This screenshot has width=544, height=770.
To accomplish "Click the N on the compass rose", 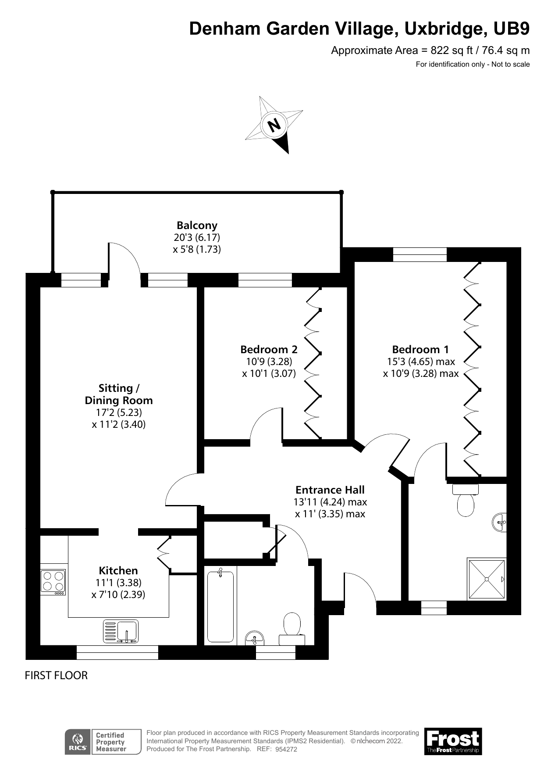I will pyautogui.click(x=274, y=126).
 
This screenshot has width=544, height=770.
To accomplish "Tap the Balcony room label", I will pyautogui.click(x=197, y=226).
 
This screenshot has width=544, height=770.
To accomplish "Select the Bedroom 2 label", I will pyautogui.click(x=269, y=350).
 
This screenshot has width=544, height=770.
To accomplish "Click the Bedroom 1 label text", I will pyautogui.click(x=420, y=350).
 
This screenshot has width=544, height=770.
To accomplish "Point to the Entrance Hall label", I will pyautogui.click(x=330, y=490).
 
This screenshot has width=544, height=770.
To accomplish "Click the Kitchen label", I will pyautogui.click(x=118, y=571).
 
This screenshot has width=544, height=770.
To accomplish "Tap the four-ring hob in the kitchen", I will pyautogui.click(x=53, y=582).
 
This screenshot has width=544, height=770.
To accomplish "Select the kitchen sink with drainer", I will pyautogui.click(x=121, y=631).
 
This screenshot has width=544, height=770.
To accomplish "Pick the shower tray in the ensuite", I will pyautogui.click(x=487, y=579).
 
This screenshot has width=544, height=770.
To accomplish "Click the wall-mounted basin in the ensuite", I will pyautogui.click(x=500, y=523).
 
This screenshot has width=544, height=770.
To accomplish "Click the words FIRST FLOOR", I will pyautogui.click(x=56, y=676).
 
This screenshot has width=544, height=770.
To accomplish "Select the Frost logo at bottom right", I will pyautogui.click(x=453, y=741).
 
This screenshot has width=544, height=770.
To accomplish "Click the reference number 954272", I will pyautogui.click(x=286, y=749).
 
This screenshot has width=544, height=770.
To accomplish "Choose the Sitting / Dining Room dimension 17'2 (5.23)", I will pyautogui.click(x=119, y=412).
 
